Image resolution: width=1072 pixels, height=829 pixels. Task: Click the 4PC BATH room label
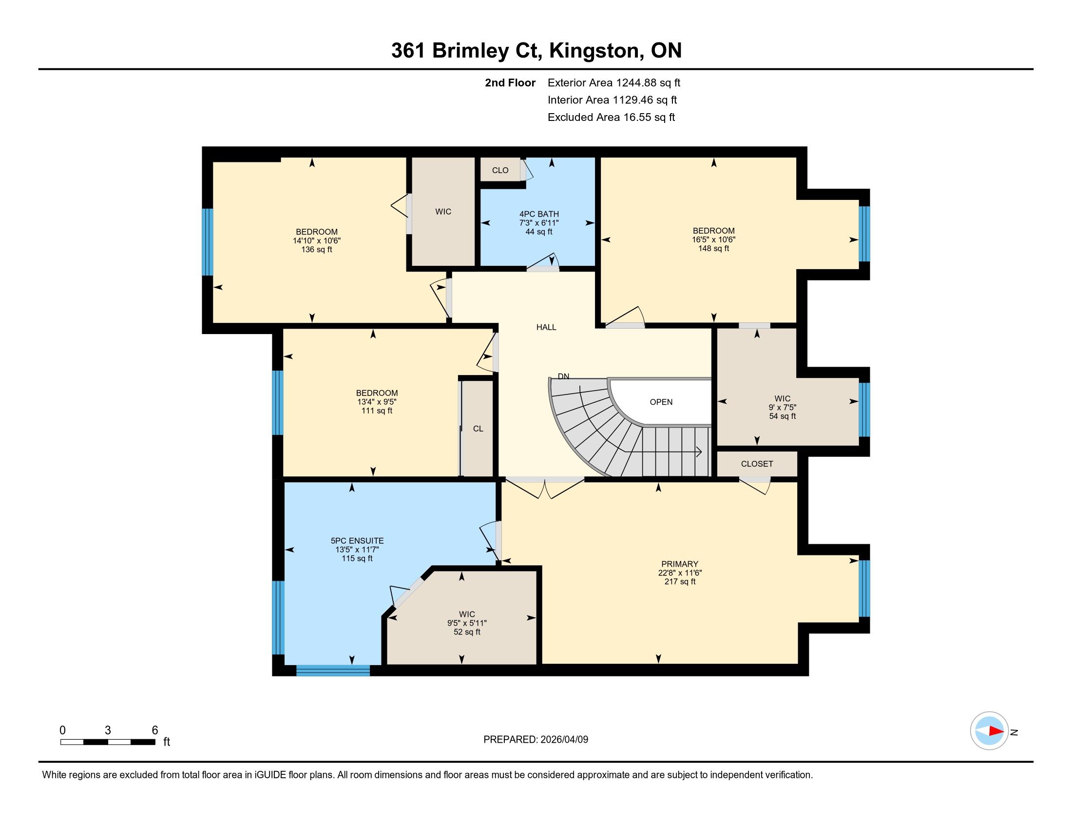539,214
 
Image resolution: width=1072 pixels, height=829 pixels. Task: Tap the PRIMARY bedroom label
680,564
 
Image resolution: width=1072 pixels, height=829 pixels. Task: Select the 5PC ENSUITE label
357,541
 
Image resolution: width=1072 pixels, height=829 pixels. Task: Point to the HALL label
546,327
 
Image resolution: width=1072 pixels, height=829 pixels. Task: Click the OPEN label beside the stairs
661,402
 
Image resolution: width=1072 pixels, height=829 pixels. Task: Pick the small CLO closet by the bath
500,170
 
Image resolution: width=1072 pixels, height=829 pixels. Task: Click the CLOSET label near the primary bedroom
757,464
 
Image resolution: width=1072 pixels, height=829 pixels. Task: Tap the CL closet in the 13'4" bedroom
478,429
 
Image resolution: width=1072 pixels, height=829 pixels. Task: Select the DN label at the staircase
563,376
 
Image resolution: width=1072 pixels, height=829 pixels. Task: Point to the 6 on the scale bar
155,730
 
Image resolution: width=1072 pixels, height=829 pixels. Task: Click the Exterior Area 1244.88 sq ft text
614,82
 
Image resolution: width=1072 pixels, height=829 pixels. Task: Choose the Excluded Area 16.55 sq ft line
612,117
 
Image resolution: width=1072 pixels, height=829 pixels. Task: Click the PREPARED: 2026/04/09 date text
536,739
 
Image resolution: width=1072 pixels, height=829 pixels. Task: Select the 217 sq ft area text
680,581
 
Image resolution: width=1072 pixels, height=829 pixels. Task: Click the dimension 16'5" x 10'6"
714,239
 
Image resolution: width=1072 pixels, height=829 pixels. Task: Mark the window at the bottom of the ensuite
333,671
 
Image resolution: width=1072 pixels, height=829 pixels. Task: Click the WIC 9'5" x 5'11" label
467,623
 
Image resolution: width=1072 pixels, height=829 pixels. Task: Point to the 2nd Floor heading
510,82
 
